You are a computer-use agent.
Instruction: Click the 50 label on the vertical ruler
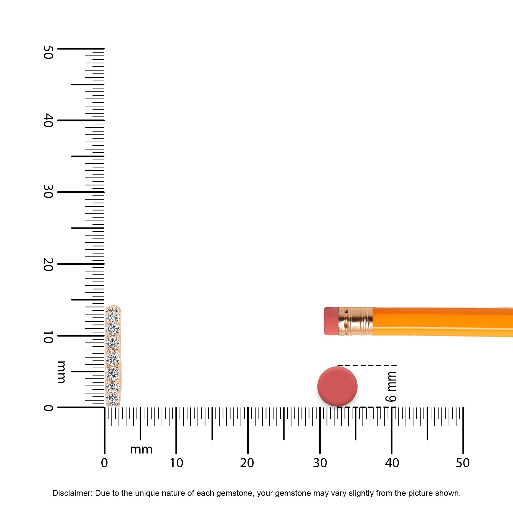[48, 52]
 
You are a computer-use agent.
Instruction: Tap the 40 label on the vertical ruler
[48, 120]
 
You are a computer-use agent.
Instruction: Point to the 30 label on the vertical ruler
[48, 192]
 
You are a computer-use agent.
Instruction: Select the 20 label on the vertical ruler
[48, 264]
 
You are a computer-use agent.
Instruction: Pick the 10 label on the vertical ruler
[48, 337]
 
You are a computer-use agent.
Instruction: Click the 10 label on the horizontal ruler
[176, 463]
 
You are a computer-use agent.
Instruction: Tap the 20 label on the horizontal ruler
[247, 463]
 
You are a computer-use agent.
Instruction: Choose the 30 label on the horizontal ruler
[320, 463]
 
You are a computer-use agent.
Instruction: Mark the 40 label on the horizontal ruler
[392, 463]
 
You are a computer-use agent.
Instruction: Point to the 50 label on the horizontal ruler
[463, 463]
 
